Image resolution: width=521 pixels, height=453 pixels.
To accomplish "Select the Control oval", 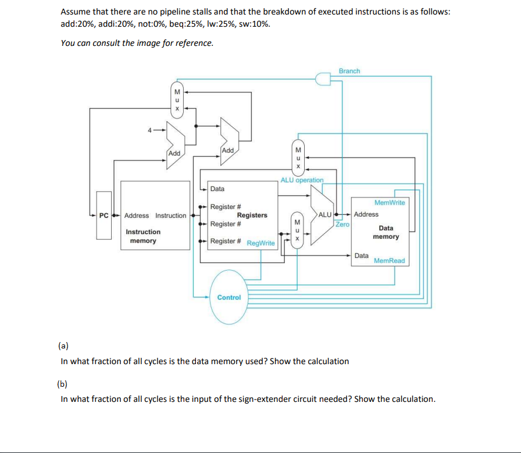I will click(x=229, y=297).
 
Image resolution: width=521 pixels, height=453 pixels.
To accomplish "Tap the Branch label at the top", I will click(x=349, y=71).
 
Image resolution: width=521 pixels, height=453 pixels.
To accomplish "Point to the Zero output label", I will click(x=342, y=224).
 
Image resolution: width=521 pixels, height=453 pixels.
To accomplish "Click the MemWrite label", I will click(x=390, y=202).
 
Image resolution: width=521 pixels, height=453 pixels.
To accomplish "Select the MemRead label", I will click(x=389, y=261).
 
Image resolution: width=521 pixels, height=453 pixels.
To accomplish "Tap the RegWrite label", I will click(x=261, y=243).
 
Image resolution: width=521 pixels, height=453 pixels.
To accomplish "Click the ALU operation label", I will click(x=302, y=180).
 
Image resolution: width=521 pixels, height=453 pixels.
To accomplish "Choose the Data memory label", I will click(x=386, y=232).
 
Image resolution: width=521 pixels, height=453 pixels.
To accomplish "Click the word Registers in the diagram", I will click(x=252, y=215).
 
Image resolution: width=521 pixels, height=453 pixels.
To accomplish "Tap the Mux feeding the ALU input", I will click(x=297, y=231).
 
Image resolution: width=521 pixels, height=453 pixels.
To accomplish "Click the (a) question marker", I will click(x=63, y=346).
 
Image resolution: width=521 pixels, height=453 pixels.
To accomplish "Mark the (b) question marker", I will click(x=62, y=383).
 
